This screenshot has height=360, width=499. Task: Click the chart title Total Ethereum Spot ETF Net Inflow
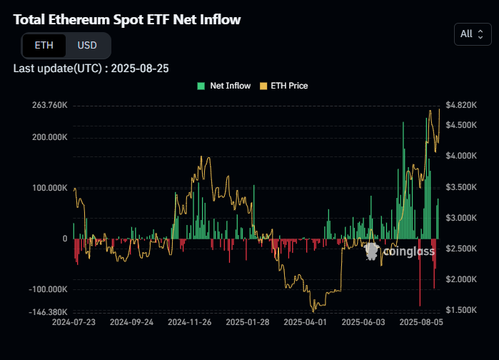(127, 19)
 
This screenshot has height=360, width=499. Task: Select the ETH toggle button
(44, 45)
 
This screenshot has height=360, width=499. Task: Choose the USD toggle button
(87, 45)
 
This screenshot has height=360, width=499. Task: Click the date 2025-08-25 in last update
(140, 69)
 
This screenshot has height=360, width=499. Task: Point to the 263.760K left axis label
(50, 105)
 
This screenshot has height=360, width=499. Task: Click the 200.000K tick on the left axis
(50, 137)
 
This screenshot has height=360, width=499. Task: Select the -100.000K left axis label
(49, 289)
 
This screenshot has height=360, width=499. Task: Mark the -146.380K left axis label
(49, 312)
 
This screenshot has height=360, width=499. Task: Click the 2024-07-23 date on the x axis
(74, 323)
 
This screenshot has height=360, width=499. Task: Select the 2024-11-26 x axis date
(189, 323)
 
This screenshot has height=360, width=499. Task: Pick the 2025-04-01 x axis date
(305, 323)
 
